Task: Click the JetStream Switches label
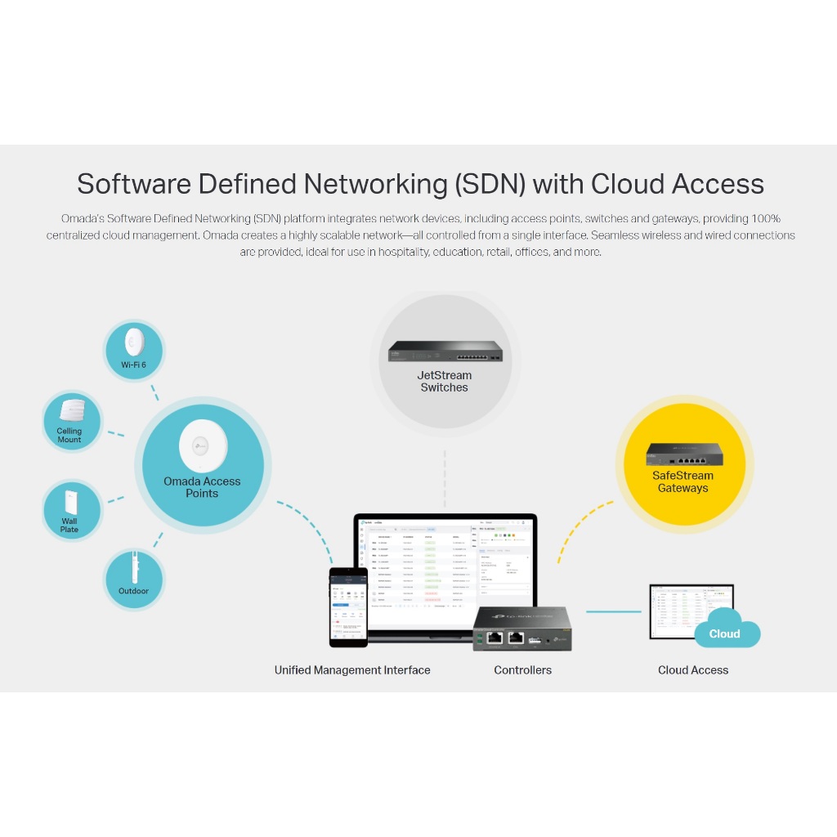(444, 382)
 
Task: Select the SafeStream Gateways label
(683, 481)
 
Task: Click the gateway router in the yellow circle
(683, 454)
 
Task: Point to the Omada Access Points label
(202, 487)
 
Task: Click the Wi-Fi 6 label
(133, 365)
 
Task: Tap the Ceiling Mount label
(69, 435)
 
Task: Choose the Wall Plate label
(69, 525)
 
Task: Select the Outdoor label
(133, 591)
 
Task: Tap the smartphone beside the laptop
(347, 605)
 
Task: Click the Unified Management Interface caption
(352, 670)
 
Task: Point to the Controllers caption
(522, 670)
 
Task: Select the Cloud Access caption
(693, 670)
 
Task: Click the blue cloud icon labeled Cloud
(726, 629)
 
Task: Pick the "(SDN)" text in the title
(487, 184)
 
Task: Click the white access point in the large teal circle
(203, 446)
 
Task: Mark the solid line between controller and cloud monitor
(612, 611)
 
